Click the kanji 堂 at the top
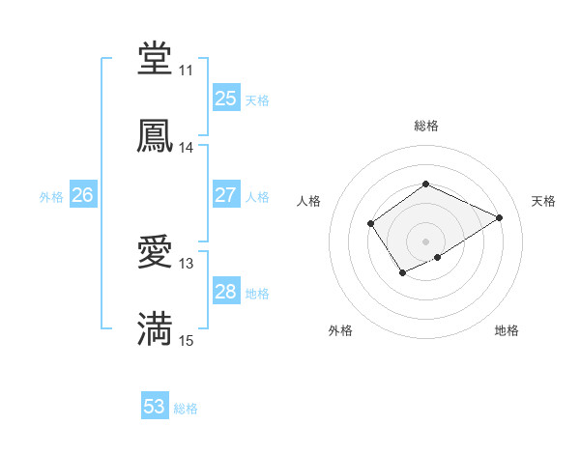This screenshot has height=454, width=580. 156,60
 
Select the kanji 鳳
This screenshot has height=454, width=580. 156,137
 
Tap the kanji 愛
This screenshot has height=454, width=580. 156,253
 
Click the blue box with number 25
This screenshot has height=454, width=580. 226,99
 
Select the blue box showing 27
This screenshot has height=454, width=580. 226,195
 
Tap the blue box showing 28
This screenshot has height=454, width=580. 226,292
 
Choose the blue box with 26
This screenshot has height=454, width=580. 83,195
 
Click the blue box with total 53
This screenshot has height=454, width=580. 155,407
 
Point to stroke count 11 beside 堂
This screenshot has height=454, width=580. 186,71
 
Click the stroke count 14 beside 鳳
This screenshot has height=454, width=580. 186,148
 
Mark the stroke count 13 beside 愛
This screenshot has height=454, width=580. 186,264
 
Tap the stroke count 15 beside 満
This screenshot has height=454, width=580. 186,341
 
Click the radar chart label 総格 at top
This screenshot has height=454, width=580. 425,127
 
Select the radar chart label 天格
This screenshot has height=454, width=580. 543,201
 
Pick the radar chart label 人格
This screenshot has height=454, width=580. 309,201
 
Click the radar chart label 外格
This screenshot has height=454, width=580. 340,331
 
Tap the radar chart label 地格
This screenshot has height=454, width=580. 507,331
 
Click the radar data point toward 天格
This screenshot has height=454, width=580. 500,217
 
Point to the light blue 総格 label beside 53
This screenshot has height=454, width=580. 186,409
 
